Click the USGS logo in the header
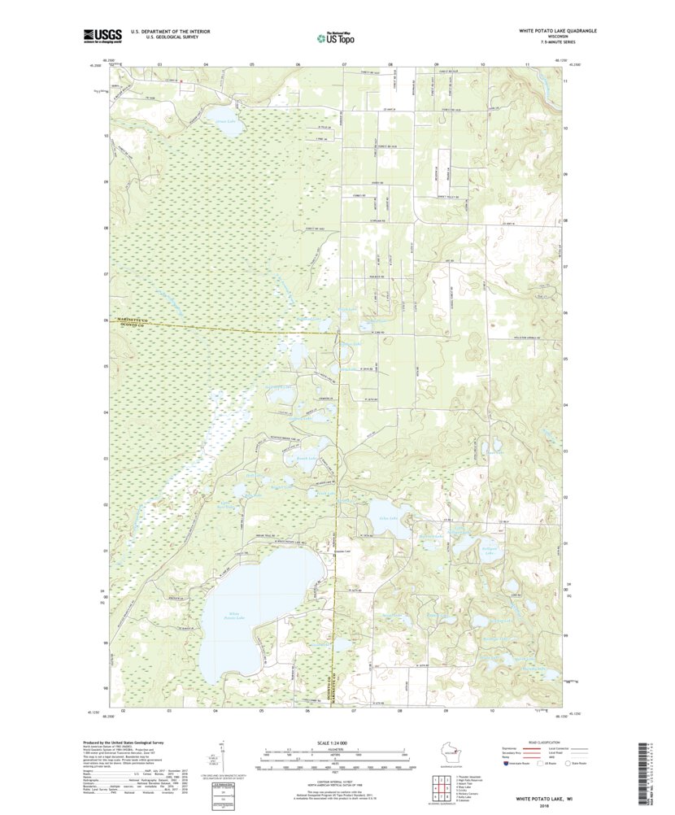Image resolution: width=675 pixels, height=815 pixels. [x=101, y=36]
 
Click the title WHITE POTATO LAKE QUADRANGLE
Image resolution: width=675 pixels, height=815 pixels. [x=558, y=30]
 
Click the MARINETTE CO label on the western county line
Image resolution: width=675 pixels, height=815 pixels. [x=135, y=320]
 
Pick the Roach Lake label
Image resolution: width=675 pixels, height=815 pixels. [x=294, y=460]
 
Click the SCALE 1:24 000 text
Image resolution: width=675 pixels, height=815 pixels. [x=334, y=743]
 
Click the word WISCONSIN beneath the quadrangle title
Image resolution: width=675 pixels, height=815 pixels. [x=558, y=37]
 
